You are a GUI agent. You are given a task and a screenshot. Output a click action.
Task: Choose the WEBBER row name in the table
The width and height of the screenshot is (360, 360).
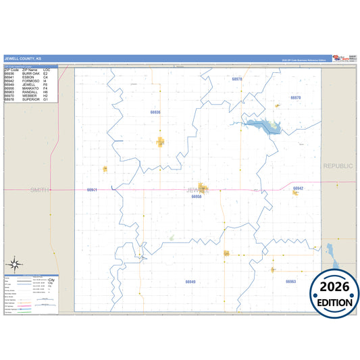point(30,96)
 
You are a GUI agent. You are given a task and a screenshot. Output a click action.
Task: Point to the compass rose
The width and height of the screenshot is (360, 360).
point(17,263)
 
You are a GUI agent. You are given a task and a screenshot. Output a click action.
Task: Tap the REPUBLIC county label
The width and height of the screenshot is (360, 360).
point(338,165)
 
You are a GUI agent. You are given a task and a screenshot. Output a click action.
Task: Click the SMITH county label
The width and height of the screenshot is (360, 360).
point(37,190)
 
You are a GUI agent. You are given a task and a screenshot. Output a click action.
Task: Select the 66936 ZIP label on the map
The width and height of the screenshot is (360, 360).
point(155,111)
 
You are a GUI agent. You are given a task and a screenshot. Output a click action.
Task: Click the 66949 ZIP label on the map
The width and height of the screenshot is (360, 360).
point(190,281)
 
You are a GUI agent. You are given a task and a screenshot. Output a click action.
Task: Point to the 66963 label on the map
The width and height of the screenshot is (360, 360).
point(290,281)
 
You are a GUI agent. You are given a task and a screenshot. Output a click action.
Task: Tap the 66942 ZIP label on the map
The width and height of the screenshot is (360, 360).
point(298,187)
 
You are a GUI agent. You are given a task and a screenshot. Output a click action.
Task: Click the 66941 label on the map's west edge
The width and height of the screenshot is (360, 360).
point(93,190)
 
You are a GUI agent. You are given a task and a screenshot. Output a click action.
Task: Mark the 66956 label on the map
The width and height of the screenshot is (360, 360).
point(197,197)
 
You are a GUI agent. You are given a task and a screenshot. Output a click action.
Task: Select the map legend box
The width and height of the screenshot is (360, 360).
point(31,294)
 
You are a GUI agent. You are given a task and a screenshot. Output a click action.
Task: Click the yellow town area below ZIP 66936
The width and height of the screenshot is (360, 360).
point(161,141)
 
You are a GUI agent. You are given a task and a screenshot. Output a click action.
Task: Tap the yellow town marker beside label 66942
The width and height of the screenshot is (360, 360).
point(296,193)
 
